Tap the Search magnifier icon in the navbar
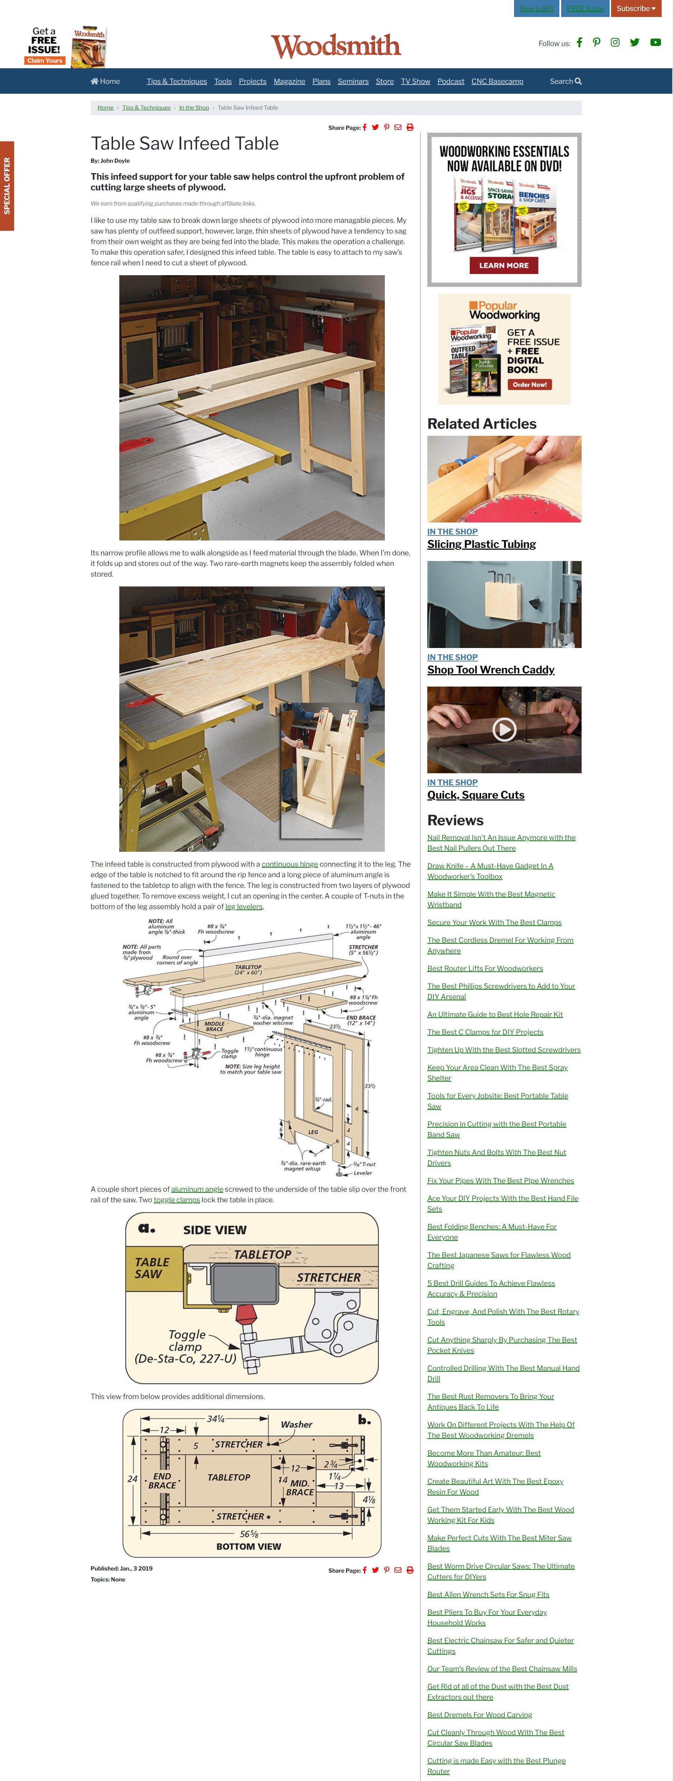(578, 82)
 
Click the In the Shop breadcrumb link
(194, 108)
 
